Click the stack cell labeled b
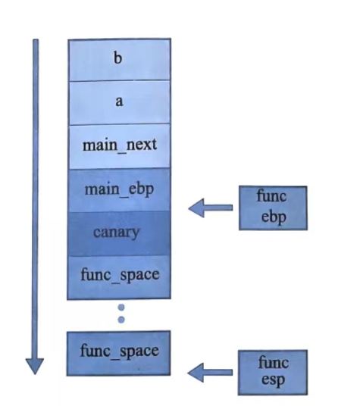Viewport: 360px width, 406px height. click(x=120, y=60)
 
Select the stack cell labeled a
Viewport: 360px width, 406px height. click(x=120, y=103)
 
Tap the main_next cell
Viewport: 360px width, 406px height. click(x=120, y=146)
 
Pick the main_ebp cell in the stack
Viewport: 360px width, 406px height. click(x=120, y=190)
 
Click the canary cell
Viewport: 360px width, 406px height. click(x=120, y=234)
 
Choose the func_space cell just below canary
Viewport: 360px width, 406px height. click(x=120, y=278)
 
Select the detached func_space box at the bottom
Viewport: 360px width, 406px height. click(x=119, y=353)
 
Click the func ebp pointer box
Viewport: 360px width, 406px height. click(x=273, y=208)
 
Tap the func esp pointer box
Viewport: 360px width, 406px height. click(x=273, y=373)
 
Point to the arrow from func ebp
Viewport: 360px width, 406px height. click(x=210, y=208)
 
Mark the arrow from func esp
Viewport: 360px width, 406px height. click(x=210, y=373)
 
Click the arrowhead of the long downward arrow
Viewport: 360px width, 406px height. click(x=35, y=367)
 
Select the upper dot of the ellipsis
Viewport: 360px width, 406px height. click(x=121, y=308)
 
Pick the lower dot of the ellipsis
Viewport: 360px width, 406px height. click(x=121, y=320)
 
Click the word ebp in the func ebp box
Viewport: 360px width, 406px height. click(x=274, y=217)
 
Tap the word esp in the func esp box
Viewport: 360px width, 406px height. click(x=273, y=380)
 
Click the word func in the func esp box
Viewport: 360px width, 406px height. click(x=274, y=362)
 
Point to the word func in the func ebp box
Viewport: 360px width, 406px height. click(x=271, y=196)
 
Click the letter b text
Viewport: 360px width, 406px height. click(x=117, y=58)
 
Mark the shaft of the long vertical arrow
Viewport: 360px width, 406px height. click(x=36, y=199)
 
